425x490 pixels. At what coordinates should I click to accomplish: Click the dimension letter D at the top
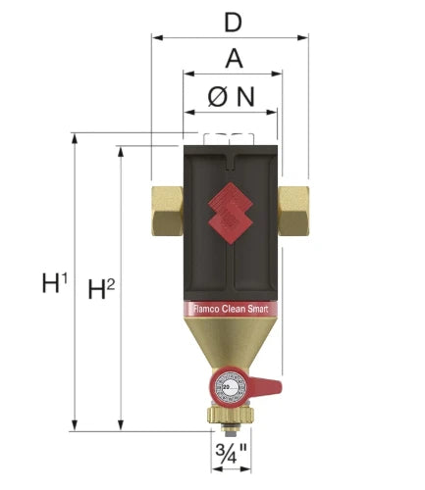[x=234, y=23]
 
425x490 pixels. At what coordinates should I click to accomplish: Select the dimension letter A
[x=235, y=59]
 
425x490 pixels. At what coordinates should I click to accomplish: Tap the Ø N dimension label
[x=231, y=97]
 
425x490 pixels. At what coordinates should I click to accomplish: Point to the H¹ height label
[x=55, y=283]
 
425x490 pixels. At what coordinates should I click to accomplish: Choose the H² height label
[x=101, y=289]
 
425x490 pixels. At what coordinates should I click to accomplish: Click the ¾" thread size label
[x=231, y=453]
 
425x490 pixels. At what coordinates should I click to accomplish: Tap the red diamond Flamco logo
[x=231, y=214]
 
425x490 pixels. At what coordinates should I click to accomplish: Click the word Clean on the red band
[x=234, y=309]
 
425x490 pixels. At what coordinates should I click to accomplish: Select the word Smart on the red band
[x=257, y=309]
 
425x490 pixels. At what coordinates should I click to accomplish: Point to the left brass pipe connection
[x=167, y=211]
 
